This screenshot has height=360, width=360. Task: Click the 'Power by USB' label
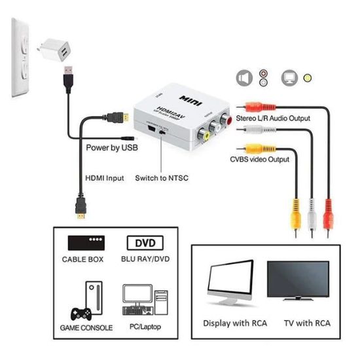click(x=112, y=148)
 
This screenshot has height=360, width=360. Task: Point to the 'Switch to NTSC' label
click(x=162, y=177)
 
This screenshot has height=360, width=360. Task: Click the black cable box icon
click(x=87, y=243)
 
